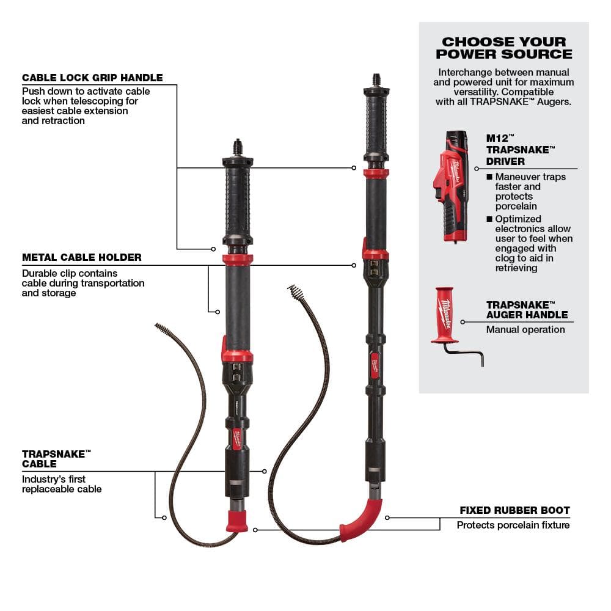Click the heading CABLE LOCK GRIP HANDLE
pos(92,78)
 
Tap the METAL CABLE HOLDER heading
pos(82,257)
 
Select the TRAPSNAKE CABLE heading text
pos(56,458)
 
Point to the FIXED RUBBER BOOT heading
pos(514,510)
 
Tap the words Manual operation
pos(525,329)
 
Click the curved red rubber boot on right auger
pos(363,520)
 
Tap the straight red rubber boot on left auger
pos(238,521)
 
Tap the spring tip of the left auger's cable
pos(163,330)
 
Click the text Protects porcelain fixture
pos(513,525)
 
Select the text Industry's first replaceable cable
pos(62,484)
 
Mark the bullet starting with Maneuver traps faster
pos(529,191)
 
